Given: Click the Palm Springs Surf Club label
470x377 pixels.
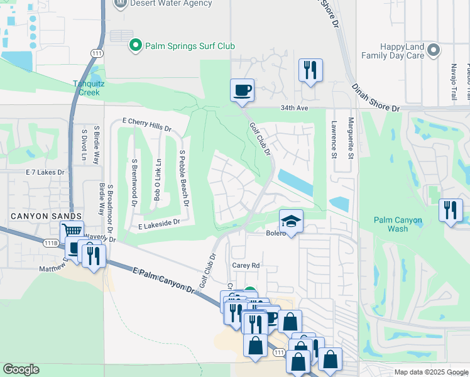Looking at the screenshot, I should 190,46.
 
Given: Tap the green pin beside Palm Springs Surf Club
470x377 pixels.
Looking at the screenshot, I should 134,45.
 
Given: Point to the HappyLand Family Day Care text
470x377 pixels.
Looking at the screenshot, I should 392,51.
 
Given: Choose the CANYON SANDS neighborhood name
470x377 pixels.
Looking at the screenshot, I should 36,216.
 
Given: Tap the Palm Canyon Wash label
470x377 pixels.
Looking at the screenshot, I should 398,224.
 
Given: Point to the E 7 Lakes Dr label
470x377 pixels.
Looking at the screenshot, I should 45,172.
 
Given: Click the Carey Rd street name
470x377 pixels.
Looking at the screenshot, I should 246,266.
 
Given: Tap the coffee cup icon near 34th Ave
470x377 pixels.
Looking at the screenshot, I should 242,90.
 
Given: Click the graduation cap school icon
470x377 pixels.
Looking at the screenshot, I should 291,221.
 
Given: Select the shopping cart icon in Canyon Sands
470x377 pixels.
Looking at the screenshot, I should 72,231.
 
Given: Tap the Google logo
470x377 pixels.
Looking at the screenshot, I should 21,369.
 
